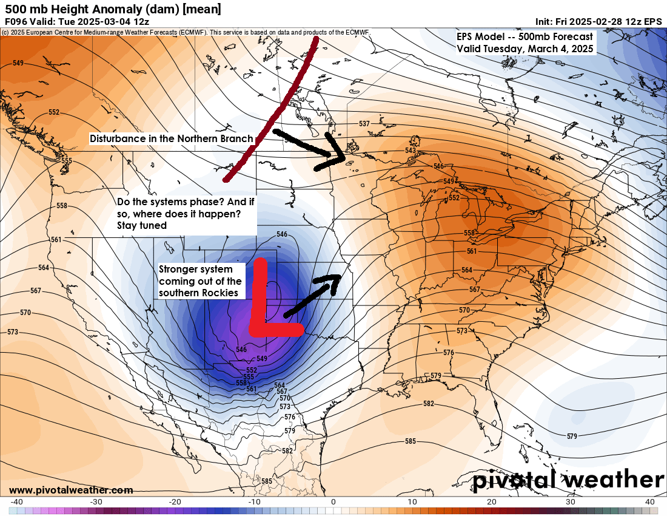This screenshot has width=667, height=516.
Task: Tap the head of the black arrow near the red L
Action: (x=332, y=280)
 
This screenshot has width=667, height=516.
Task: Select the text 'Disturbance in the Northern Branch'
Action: (x=172, y=139)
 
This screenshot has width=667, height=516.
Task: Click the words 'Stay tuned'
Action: (x=143, y=225)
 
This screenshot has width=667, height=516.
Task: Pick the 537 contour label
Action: (x=364, y=124)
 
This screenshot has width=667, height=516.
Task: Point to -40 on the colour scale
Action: (x=17, y=502)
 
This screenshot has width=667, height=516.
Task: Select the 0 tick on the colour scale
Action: (x=333, y=502)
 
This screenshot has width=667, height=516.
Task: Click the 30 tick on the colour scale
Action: (x=571, y=502)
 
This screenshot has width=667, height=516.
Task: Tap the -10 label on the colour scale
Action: (x=254, y=502)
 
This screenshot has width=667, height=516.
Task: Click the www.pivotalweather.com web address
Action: (x=71, y=490)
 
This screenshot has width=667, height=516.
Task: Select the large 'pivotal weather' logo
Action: (x=568, y=480)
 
